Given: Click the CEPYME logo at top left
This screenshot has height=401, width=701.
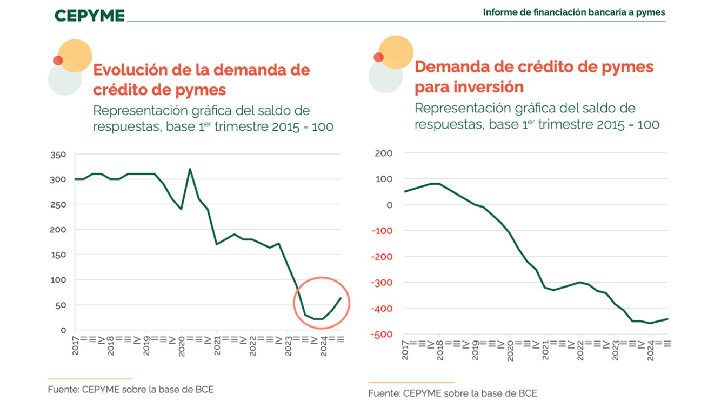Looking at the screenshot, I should pos(89,15).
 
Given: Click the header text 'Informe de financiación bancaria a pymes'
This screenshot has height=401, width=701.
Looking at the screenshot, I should pos(574,12).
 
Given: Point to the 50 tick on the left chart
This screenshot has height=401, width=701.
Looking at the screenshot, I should pos(61,305).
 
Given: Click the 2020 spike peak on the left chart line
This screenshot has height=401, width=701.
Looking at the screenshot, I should pos(190,169).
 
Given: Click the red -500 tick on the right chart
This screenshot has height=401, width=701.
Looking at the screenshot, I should pos(382,335).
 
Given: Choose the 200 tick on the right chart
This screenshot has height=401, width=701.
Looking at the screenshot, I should pos(384,153).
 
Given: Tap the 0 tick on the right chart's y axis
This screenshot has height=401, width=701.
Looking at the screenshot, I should pos(388,205).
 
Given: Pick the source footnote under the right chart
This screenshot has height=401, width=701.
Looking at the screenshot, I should pos(453,393).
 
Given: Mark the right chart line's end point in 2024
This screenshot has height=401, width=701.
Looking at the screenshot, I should pos(668,319).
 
